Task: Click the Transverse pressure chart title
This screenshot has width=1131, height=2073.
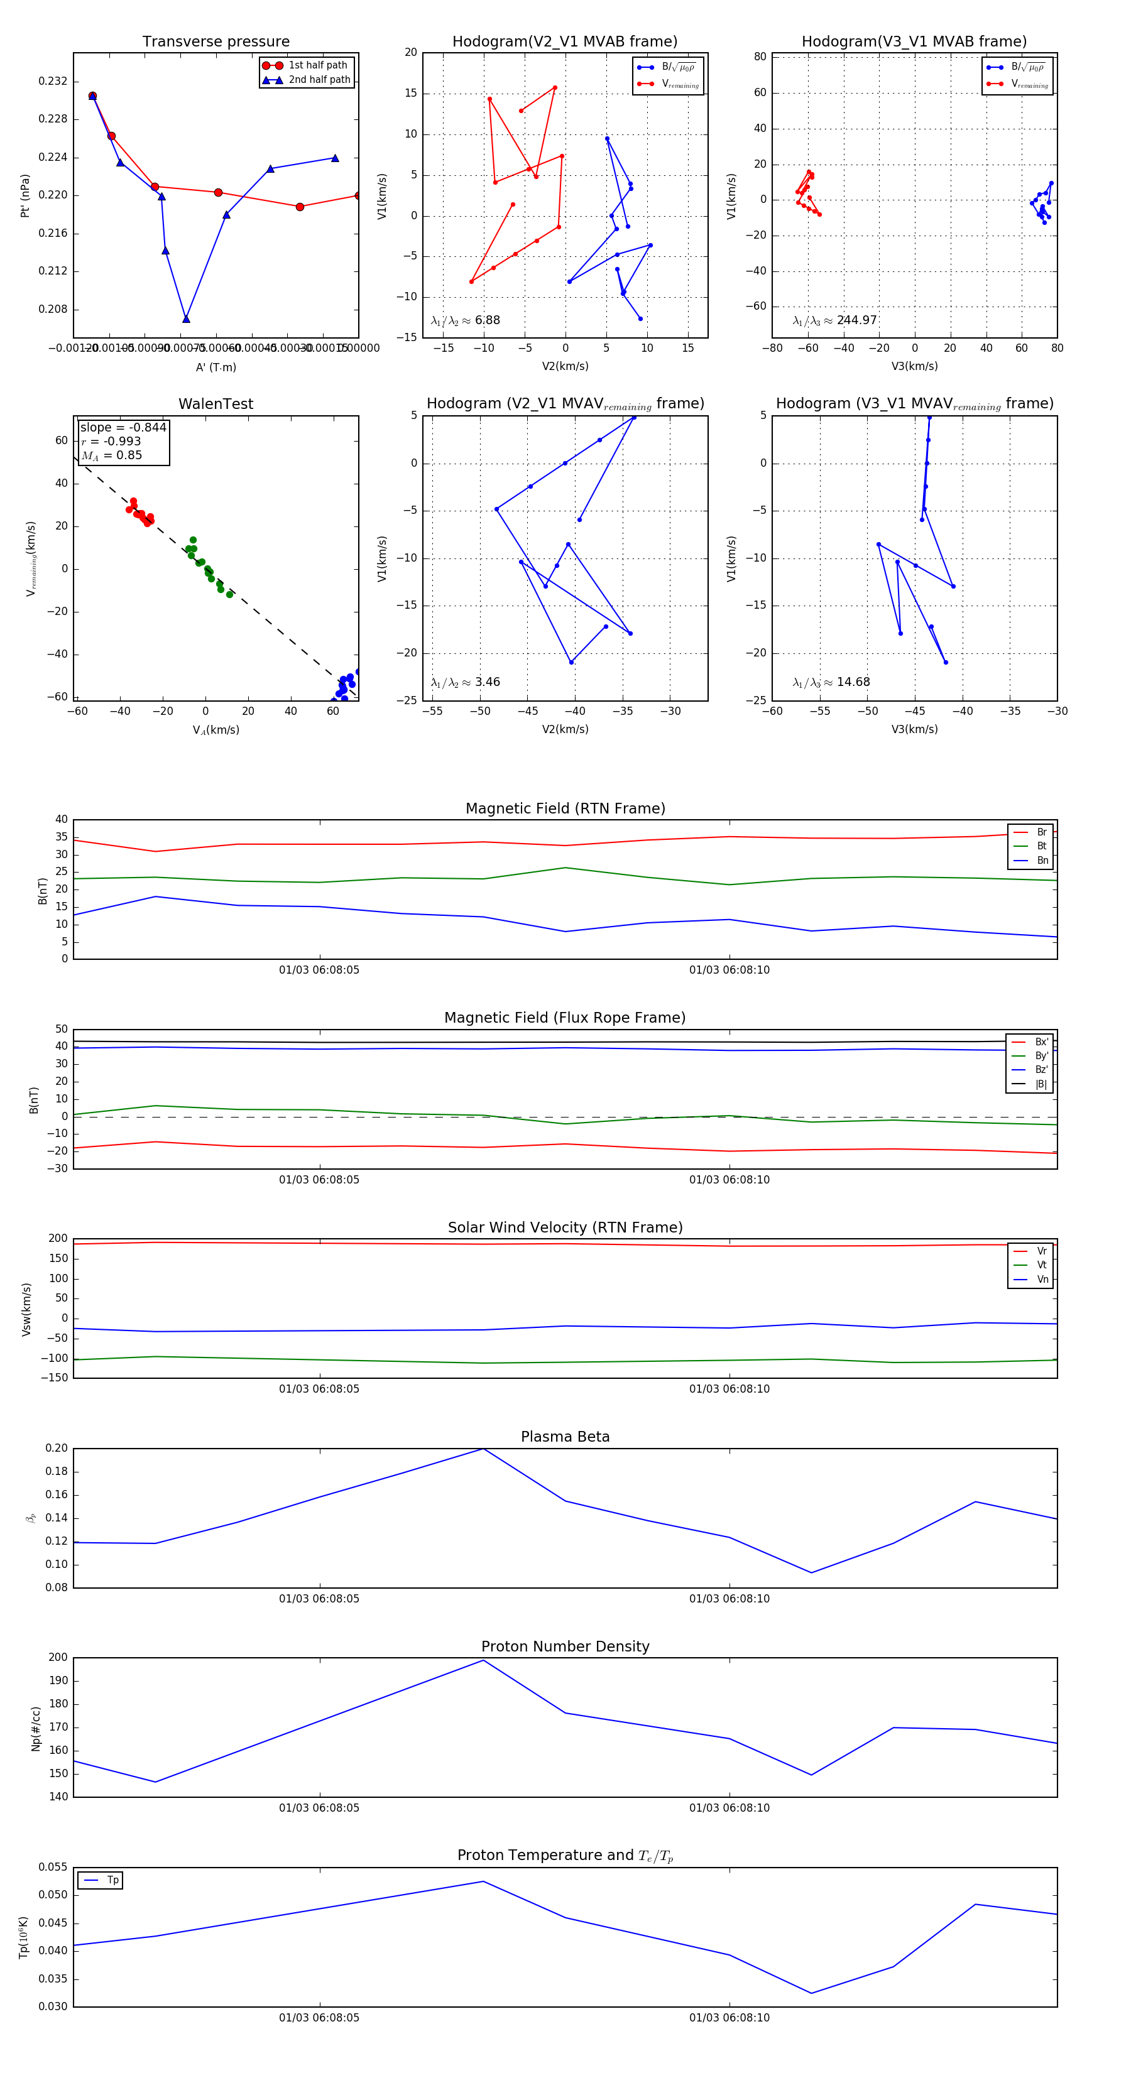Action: [x=216, y=42]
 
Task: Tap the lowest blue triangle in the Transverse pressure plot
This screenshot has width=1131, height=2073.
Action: [x=186, y=318]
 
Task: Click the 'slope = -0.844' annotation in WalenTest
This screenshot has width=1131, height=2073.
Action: [x=123, y=427]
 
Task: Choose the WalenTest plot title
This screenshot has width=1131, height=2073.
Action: [x=216, y=404]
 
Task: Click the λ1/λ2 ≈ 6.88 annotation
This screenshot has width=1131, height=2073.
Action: [x=465, y=320]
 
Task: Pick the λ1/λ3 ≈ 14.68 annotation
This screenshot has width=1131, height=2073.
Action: [x=831, y=682]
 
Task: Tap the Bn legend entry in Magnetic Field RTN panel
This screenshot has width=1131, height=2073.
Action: [x=1042, y=860]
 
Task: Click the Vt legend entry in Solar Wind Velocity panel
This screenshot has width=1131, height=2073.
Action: [x=1042, y=1265]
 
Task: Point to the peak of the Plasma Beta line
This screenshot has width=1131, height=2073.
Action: [x=483, y=1449]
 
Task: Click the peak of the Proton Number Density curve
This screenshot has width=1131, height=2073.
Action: [x=483, y=1660]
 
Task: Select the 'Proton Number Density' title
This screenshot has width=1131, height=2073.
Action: [x=565, y=1646]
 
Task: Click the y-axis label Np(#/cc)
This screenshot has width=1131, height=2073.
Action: [x=35, y=1729]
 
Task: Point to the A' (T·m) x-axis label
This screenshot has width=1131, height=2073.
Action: [x=216, y=367]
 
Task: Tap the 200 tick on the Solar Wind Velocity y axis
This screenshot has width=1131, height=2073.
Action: [x=58, y=1239]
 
